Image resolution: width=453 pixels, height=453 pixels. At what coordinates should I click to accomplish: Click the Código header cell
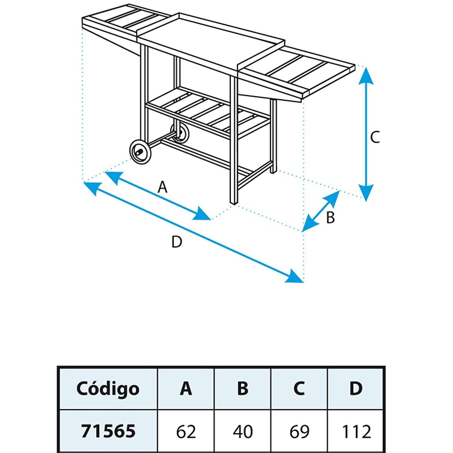tap(108, 389)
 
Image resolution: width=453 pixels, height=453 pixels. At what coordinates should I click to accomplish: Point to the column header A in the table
tap(186, 389)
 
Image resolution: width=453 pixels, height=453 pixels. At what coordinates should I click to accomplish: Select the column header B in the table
tap(243, 389)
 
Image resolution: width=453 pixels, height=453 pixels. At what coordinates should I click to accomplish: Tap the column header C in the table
tap(299, 389)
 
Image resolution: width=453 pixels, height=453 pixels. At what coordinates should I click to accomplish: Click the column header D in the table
tap(356, 389)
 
